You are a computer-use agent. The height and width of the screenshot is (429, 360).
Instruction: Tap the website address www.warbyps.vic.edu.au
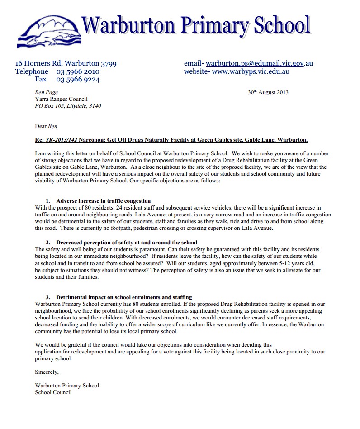(251, 71)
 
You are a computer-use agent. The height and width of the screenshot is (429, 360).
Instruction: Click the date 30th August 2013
(268, 92)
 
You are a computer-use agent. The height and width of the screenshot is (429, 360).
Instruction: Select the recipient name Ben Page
(46, 92)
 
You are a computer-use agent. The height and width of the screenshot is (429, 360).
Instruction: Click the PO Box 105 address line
(68, 106)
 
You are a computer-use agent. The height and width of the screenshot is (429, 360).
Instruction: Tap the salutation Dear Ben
(46, 126)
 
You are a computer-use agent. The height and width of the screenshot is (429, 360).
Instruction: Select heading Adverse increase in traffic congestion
(103, 200)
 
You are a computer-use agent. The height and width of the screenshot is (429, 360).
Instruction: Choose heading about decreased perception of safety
(127, 243)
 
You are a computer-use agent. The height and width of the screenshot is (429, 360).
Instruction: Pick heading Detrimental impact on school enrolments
(124, 297)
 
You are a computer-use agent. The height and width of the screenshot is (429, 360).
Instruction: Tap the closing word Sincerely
(47, 372)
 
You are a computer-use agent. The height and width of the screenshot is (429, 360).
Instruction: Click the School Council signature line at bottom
(53, 392)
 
